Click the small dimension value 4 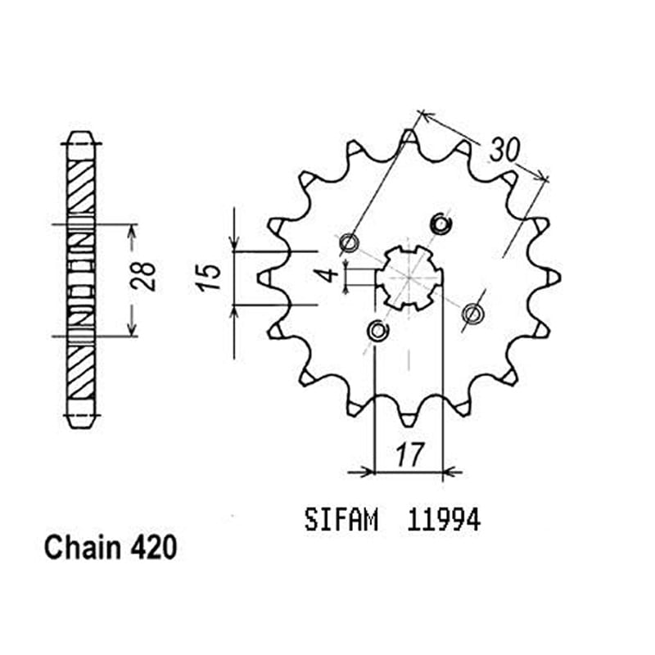[x=328, y=273]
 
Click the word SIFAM [x=341, y=520]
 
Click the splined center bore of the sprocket [x=409, y=278]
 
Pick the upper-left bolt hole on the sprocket [x=349, y=242]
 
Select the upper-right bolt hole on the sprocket [x=441, y=223]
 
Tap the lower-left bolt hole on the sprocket [x=377, y=331]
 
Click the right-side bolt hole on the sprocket [x=472, y=313]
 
